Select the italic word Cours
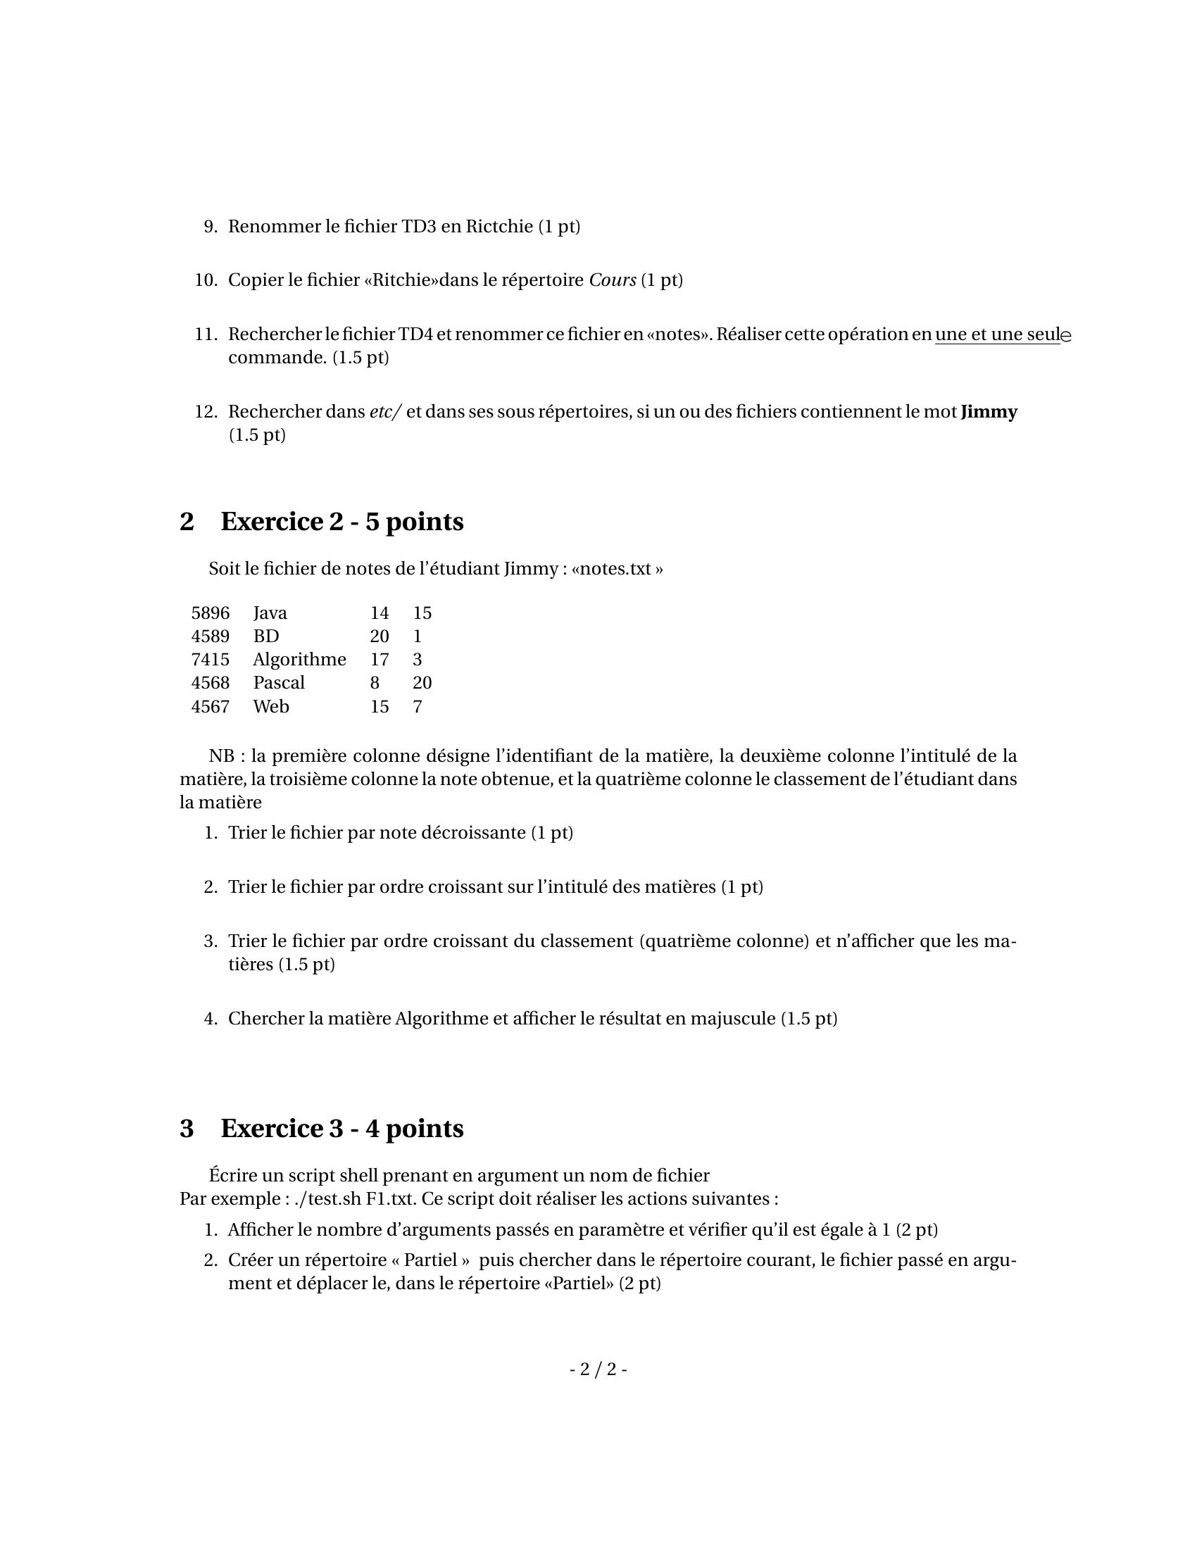pos(612,280)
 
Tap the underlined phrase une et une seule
pos(1002,334)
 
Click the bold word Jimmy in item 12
pos(989,411)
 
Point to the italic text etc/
pos(385,411)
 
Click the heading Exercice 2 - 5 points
pos(341,521)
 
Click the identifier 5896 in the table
pos(210,613)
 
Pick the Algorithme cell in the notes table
pos(299,660)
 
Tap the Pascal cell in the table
pos(279,683)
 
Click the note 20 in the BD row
pos(380,636)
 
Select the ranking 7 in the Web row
pos(418,706)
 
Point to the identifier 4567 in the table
pos(210,706)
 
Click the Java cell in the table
pos(270,613)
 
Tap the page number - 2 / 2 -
pos(598,1369)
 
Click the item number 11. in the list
pos(206,334)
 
